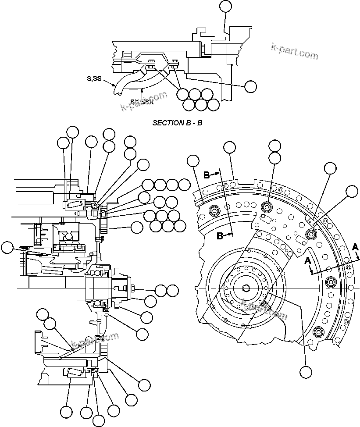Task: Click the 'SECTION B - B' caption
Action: coord(177,123)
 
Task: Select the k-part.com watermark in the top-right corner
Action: coord(295,51)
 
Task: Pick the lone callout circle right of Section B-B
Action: coord(250,86)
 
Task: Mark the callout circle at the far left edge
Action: coord(7,248)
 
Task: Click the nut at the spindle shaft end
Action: coord(132,288)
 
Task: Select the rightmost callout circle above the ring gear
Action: coord(352,191)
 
